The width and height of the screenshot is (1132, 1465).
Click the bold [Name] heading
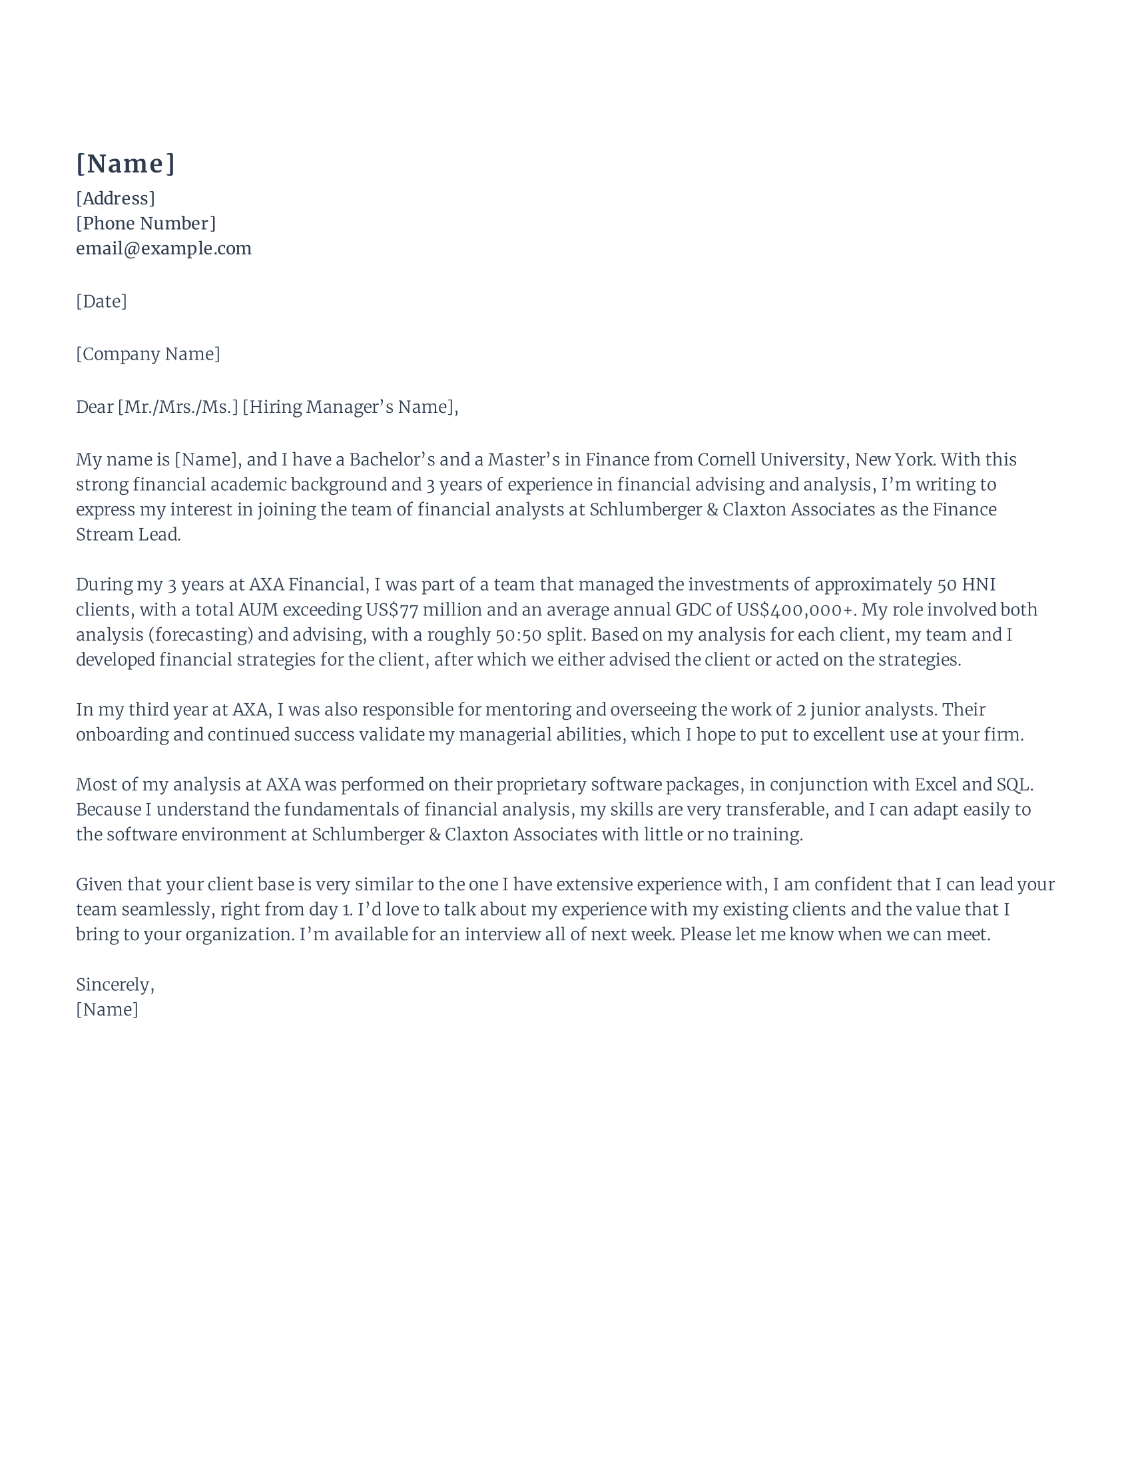125,164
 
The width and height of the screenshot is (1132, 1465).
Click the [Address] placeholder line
115,198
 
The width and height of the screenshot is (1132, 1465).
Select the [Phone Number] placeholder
146,223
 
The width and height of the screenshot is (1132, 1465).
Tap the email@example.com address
164,248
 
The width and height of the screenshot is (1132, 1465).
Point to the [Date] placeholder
101,301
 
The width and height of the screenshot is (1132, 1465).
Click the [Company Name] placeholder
148,354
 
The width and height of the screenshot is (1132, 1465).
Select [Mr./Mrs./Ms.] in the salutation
178,407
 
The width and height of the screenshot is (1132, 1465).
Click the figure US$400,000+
796,610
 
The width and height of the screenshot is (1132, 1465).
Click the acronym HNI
978,584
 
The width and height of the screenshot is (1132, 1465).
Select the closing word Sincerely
114,985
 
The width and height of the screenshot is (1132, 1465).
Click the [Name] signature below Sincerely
107,1010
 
